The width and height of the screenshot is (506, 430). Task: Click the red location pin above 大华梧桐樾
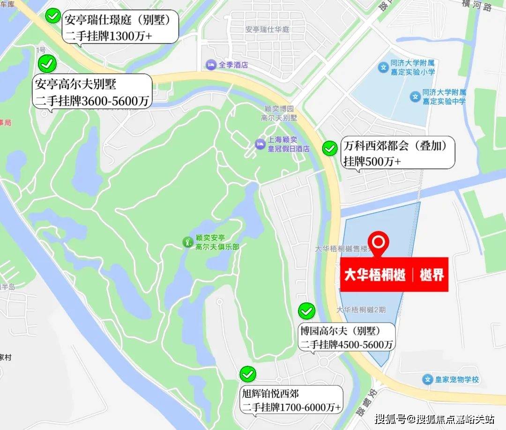pyautogui.click(x=379, y=243)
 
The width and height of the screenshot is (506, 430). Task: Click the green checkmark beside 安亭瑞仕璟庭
pyautogui.click(x=52, y=16)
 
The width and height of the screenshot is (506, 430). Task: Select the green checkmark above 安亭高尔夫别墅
pyautogui.click(x=47, y=63)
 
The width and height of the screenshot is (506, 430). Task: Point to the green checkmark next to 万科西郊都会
pyautogui.click(x=330, y=149)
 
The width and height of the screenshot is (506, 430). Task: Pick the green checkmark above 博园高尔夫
pyautogui.click(x=307, y=310)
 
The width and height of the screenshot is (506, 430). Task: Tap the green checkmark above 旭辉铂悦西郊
pyautogui.click(x=248, y=374)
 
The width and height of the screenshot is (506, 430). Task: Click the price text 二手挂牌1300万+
pyautogui.click(x=109, y=35)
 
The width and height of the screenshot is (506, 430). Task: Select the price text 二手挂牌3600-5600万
pyautogui.click(x=92, y=100)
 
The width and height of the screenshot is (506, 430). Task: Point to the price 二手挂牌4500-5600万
pyautogui.click(x=346, y=344)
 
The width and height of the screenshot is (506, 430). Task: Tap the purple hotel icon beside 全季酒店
pyautogui.click(x=211, y=65)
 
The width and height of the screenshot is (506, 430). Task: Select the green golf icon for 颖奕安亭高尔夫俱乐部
pyautogui.click(x=187, y=242)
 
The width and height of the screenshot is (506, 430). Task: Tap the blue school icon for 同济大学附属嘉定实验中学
pyautogui.click(x=414, y=97)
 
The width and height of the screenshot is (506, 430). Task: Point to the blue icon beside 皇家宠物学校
pyautogui.click(x=426, y=379)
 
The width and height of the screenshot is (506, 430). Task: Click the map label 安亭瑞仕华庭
pyautogui.click(x=268, y=30)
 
